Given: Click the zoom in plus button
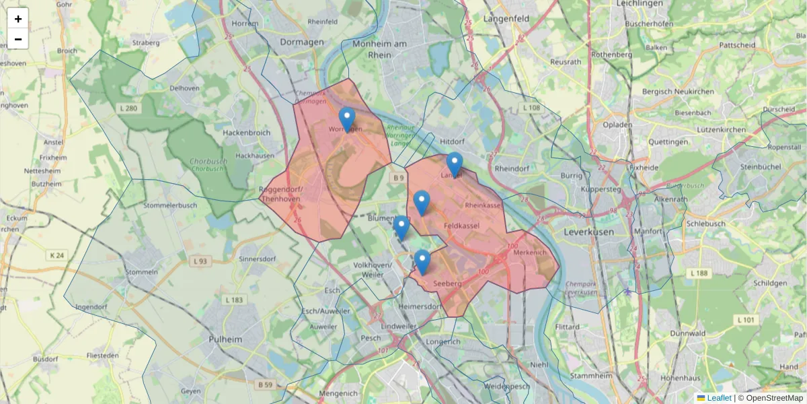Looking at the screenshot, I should click(18, 19).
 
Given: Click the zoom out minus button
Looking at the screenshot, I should click(18, 39).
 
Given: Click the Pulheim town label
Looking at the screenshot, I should click(225, 339).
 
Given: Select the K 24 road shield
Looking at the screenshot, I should click(58, 255).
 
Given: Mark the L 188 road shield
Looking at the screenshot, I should click(700, 273).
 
